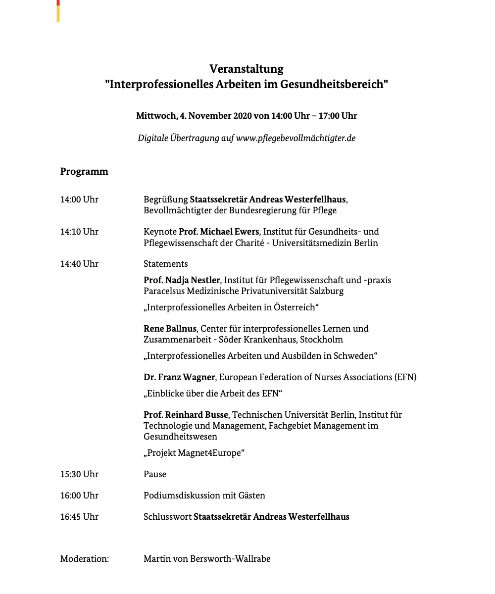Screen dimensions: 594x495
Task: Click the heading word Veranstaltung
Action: [247, 69]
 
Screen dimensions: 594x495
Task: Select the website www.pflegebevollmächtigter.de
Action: [296, 138]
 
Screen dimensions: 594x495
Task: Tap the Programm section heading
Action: [84, 172]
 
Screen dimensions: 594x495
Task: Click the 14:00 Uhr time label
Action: [79, 199]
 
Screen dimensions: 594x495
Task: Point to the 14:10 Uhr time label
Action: [79, 232]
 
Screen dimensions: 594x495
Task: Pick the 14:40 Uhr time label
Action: [79, 264]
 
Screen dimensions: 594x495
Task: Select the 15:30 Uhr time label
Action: [79, 474]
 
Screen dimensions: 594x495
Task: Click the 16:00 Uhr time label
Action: [79, 495]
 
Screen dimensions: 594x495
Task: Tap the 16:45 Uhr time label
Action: [79, 517]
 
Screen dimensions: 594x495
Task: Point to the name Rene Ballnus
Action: [170, 329]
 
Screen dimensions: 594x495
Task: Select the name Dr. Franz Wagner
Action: [179, 377]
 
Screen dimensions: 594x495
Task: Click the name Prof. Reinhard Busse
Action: [186, 415]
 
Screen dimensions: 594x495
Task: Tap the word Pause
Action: [155, 474]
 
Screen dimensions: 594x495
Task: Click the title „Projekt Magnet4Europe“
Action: [195, 453]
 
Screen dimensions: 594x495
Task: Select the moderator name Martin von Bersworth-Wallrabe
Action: [207, 559]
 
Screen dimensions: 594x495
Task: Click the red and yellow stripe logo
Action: [58, 11]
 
